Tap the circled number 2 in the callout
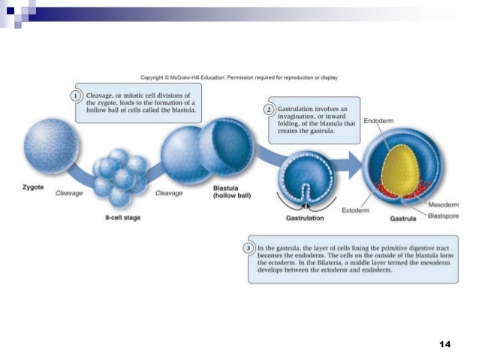click(x=268, y=110)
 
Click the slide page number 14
click(x=444, y=343)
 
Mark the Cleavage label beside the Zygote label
click(x=69, y=193)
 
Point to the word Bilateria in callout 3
click(x=321, y=262)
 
